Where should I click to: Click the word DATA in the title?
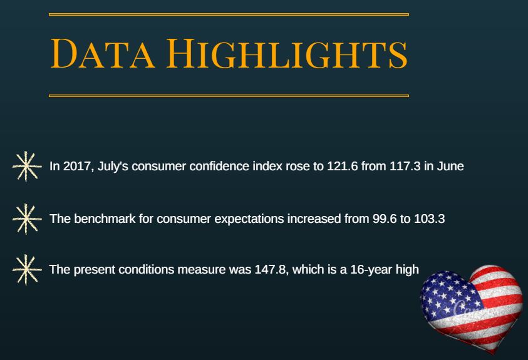click(x=103, y=53)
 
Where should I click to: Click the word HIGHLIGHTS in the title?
click(x=287, y=53)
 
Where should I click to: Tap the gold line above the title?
click(x=229, y=14)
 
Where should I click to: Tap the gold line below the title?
click(x=229, y=96)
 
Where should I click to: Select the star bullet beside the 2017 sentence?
click(x=26, y=166)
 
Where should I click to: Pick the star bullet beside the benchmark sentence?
click(x=26, y=219)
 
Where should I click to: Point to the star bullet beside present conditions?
click(x=26, y=269)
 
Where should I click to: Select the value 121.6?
click(x=343, y=166)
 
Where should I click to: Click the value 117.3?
click(x=405, y=166)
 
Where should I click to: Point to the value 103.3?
click(x=429, y=219)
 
